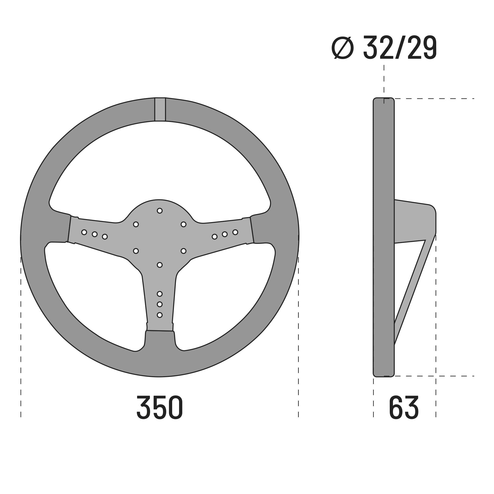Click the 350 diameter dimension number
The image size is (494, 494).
tap(160, 408)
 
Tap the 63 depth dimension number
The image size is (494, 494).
tap(404, 408)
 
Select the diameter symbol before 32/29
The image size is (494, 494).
tap(342, 48)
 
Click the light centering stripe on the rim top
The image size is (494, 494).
tap(160, 109)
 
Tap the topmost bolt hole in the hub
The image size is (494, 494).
tap(160, 211)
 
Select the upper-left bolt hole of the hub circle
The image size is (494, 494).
tap(136, 224)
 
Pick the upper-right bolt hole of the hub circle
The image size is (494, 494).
tap(183, 224)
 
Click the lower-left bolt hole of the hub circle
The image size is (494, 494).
tap(136, 251)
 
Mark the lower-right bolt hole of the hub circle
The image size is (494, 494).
tap(183, 251)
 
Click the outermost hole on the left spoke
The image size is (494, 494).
tap(84, 232)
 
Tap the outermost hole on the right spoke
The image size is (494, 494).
tap(235, 232)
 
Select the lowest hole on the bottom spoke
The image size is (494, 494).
tap(160, 315)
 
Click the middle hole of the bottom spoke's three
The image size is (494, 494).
tap(160, 304)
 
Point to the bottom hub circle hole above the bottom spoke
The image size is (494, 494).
tap(160, 265)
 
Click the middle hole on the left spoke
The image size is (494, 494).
tap(95, 234)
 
